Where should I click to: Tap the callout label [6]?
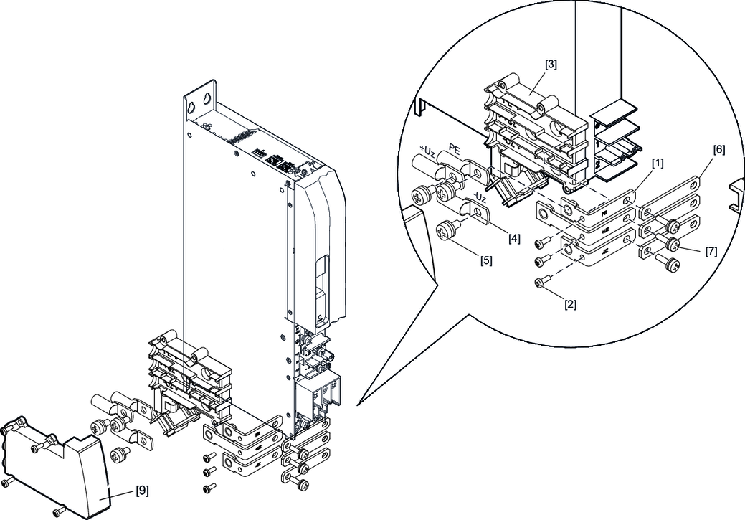718,150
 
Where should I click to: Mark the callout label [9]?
142,493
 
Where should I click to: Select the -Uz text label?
478,197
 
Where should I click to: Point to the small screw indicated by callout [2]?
540,285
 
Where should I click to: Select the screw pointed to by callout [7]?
673,245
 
